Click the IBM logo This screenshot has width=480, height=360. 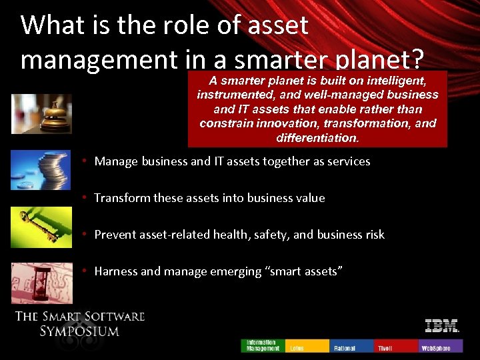pos(442,326)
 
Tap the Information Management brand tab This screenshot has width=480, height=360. pos(263,345)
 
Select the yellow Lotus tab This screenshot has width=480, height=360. pos(307,345)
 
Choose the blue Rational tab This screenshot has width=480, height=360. pos(352,345)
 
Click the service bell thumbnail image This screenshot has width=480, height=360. pos(41,114)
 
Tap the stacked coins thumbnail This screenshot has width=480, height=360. pos(41,170)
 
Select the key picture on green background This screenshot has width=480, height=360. pos(41,227)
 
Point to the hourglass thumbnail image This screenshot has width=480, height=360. pos(41,283)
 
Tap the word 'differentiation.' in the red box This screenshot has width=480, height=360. pos(317,138)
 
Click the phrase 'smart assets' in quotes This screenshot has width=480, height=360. pos(307,271)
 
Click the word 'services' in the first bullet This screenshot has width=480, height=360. pos(348,161)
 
